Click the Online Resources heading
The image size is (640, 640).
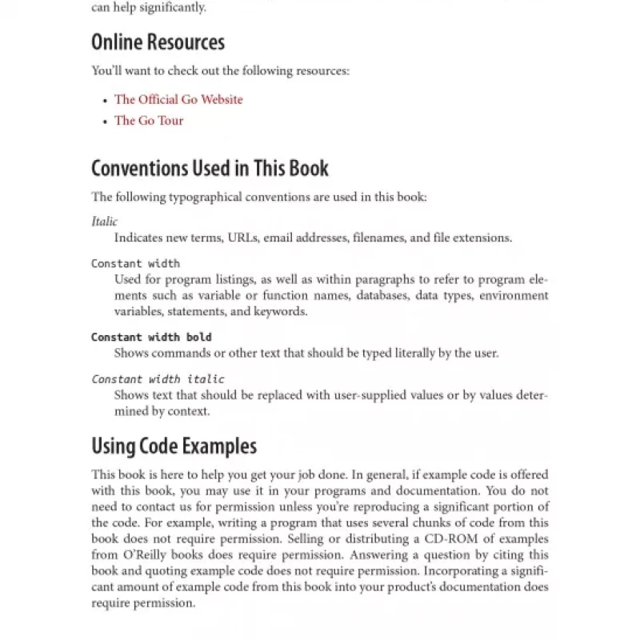(x=158, y=42)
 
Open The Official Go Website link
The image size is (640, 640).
(x=178, y=99)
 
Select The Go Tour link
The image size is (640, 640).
(x=149, y=120)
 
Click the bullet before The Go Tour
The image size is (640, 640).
(x=105, y=122)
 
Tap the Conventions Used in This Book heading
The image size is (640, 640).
(x=210, y=168)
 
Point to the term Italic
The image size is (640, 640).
(x=104, y=222)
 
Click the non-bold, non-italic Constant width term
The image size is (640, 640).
(x=135, y=263)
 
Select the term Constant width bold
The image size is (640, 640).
(x=151, y=337)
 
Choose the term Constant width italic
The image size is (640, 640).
(x=158, y=379)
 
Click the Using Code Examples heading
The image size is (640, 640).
(x=174, y=446)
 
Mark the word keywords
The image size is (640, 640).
(x=281, y=311)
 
